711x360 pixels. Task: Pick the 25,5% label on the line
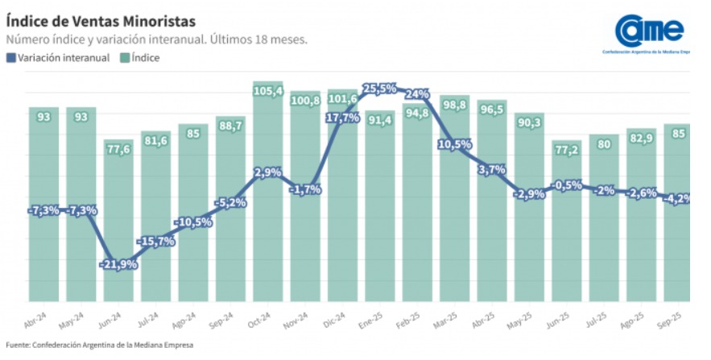click(379, 89)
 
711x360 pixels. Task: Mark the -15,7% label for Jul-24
click(155, 241)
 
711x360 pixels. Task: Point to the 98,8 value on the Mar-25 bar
click(455, 106)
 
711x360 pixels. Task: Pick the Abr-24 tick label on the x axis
click(38, 320)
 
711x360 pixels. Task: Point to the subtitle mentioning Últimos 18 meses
click(157, 39)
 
